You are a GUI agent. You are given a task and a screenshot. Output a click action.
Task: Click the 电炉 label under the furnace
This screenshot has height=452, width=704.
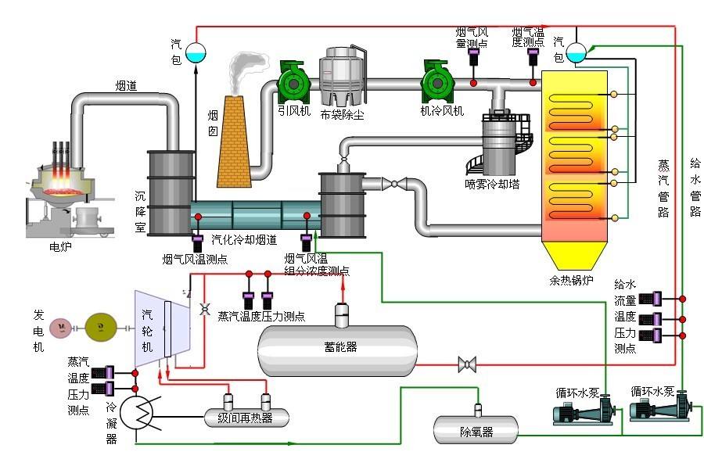[x=59, y=246]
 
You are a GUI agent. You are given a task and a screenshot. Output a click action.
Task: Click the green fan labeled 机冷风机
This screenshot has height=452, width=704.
[x=436, y=81]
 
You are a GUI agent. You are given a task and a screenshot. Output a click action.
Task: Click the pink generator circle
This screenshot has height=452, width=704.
[x=59, y=326]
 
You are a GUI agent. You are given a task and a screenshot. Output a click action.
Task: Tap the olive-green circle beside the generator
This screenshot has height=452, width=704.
[x=99, y=326]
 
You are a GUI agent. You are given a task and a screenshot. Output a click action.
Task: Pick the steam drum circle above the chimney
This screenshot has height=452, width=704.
[x=196, y=52]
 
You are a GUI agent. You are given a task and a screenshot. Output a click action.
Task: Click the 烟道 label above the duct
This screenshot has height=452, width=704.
[x=126, y=86]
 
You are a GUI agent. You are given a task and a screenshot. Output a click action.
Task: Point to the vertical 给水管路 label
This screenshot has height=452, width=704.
[x=695, y=188]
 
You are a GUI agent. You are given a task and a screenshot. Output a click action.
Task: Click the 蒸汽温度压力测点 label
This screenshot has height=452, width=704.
[x=261, y=316]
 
